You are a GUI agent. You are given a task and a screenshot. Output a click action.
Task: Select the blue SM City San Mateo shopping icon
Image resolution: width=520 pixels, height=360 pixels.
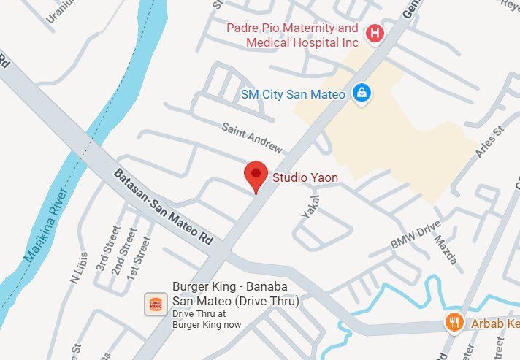pyautogui.click(x=360, y=93)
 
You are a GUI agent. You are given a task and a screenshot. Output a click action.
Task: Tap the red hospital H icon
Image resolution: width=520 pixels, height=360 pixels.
pyautogui.click(x=375, y=33)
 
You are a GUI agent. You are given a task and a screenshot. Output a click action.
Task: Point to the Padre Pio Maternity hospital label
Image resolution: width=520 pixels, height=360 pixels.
pyautogui.click(x=292, y=35)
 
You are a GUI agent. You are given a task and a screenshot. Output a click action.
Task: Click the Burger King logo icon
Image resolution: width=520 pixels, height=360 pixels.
pyautogui.click(x=155, y=305)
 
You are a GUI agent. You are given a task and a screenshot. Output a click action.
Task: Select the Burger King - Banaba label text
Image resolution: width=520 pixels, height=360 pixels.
pyautogui.click(x=235, y=294)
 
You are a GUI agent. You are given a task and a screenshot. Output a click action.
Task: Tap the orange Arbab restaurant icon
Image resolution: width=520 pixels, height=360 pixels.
pyautogui.click(x=454, y=322)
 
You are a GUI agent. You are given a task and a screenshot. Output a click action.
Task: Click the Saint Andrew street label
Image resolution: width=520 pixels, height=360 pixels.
pyautogui.click(x=252, y=137)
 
